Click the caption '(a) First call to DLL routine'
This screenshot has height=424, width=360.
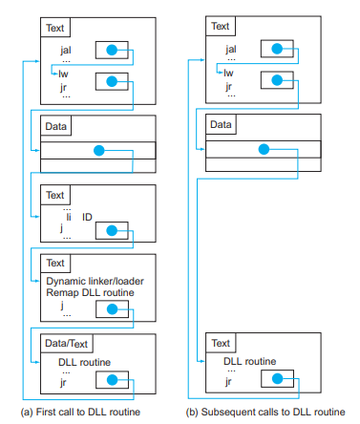tap(80, 412)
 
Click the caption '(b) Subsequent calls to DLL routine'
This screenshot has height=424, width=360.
tap(265, 412)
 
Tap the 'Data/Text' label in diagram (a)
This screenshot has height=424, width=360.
tap(66, 344)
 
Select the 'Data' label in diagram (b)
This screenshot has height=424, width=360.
tap(221, 124)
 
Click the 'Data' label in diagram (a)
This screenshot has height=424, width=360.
tap(55, 126)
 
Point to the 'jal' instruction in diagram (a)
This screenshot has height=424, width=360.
tap(66, 50)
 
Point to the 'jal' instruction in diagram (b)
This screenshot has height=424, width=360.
tap(231, 49)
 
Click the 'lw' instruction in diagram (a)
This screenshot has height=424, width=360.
tap(63, 74)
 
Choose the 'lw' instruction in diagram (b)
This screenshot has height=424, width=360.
tap(228, 73)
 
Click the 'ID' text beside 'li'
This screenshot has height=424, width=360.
tap(87, 217)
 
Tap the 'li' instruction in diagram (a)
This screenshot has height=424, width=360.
tap(69, 217)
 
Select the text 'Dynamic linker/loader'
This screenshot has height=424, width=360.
tap(95, 281)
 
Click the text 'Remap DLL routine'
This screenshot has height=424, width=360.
tap(90, 292)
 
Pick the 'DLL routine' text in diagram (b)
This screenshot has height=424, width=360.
tap(249, 361)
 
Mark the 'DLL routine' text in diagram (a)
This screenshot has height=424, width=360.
tap(84, 362)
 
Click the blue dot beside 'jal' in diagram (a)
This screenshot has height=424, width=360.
tap(112, 50)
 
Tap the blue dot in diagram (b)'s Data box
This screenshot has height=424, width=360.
tap(264, 149)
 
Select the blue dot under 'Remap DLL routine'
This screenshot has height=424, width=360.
tap(112, 309)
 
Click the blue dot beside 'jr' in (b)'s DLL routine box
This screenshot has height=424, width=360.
tap(277, 379)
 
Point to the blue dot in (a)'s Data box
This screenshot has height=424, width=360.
tap(99, 151)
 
